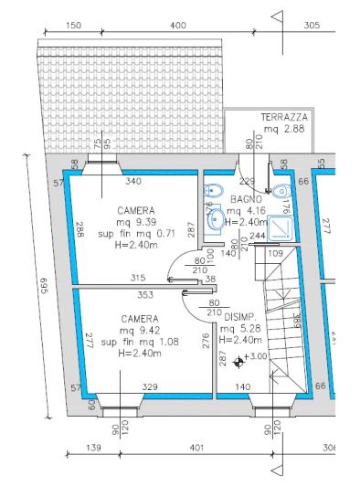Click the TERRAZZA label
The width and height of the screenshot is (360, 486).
coord(284,119)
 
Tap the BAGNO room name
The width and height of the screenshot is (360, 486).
coord(246,199)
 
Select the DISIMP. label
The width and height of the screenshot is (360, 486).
coord(239,318)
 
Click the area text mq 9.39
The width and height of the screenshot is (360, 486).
coord(135,220)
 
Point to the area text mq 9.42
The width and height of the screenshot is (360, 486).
coord(140,332)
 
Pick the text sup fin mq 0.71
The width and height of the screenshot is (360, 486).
coord(135,231)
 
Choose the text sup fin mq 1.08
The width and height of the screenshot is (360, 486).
coord(140,343)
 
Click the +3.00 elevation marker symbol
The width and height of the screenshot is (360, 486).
coord(239,362)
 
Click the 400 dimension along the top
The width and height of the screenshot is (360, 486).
coord(178,24)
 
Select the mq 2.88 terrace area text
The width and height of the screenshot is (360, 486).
coord(284,131)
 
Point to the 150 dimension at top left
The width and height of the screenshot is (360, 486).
coord(75,24)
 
